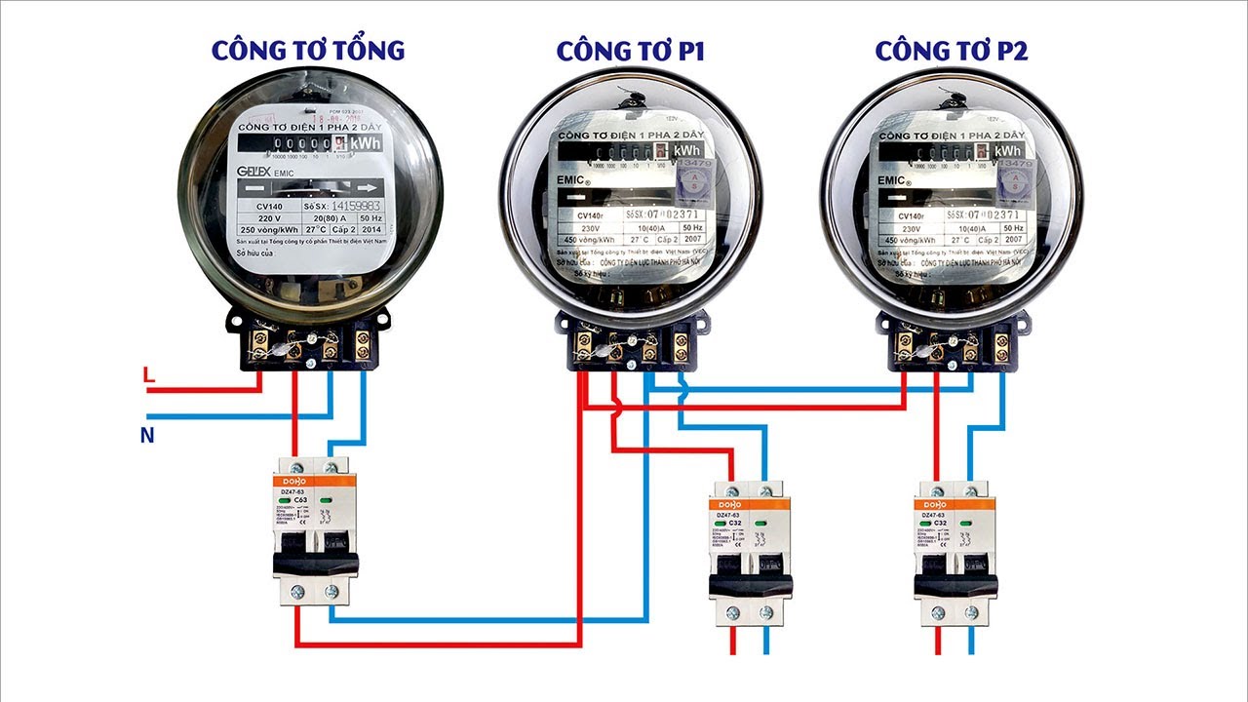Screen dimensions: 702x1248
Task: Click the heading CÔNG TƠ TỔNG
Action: tap(307, 50)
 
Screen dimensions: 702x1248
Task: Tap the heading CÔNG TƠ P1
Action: tap(631, 52)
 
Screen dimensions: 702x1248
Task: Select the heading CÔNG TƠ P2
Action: tap(951, 52)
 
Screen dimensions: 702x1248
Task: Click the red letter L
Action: tap(148, 374)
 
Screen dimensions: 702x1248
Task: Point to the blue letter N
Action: tap(147, 435)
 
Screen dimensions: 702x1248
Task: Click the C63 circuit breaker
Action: tap(315, 531)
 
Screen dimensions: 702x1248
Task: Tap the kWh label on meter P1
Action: tap(686, 150)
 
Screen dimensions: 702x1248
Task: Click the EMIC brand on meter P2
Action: tap(894, 180)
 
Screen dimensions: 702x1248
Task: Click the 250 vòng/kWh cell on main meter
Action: tap(269, 233)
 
